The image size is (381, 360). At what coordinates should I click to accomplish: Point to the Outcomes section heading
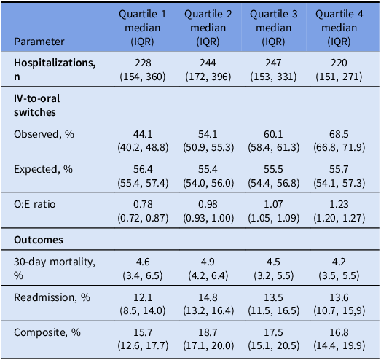pyautogui.click(x=39, y=238)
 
